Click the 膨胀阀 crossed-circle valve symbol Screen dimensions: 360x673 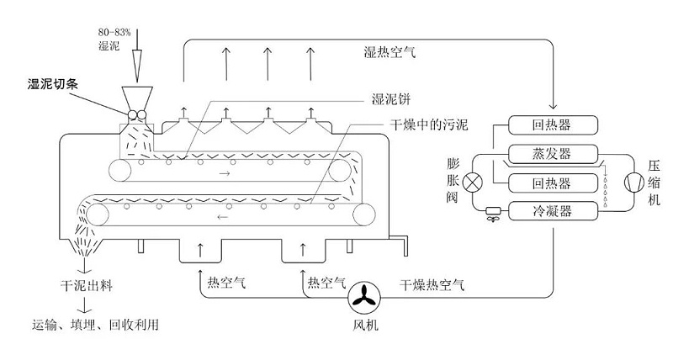[475, 181]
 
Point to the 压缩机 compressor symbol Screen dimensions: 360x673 [631, 181]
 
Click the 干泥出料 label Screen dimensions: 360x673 [84, 286]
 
